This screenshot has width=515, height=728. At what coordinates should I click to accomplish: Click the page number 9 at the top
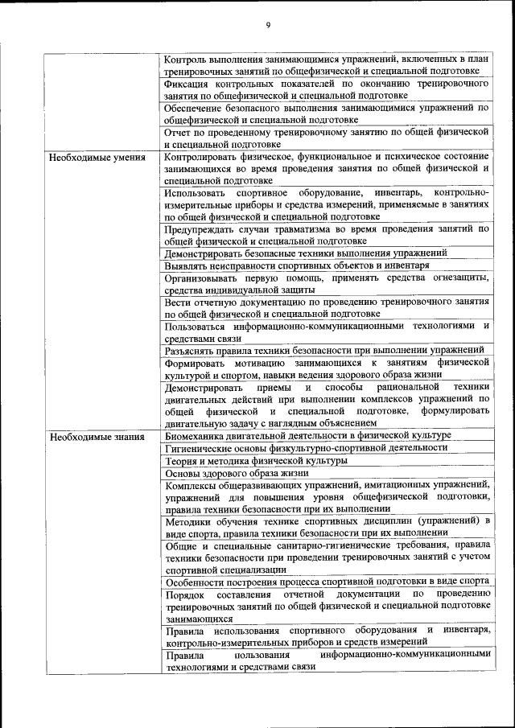coord(268,25)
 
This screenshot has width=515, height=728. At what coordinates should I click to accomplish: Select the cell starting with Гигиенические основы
coord(306,448)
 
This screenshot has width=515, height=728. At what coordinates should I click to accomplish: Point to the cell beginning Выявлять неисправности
coord(296,265)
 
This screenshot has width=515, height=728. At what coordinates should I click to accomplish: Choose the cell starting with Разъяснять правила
coord(323,350)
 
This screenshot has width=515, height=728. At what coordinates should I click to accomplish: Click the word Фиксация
coord(185,83)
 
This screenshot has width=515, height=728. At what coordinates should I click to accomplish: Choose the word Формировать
coord(194,363)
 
